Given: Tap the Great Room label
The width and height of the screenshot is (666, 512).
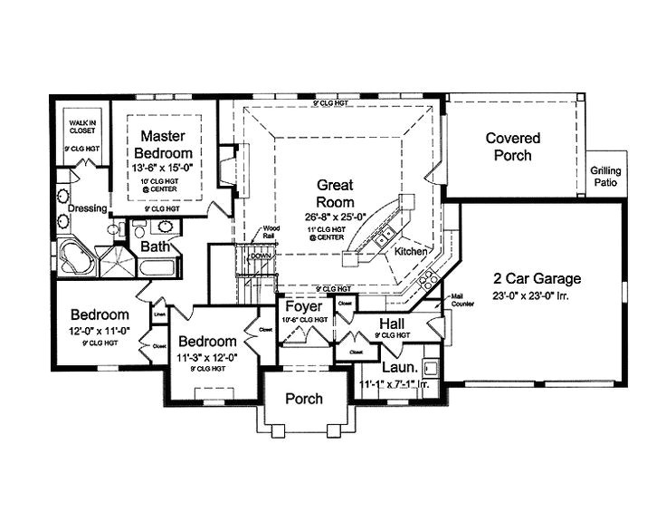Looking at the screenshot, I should click(335, 191).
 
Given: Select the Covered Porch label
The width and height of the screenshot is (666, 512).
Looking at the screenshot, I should click(513, 147).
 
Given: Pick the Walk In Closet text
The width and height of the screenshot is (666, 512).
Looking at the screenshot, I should click(81, 128).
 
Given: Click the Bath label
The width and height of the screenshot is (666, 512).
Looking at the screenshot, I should click(155, 246).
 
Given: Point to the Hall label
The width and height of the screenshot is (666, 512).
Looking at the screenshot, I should click(392, 324).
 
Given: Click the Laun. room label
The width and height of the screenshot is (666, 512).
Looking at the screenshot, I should click(398, 369).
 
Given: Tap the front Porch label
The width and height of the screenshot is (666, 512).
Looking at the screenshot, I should click(304, 399).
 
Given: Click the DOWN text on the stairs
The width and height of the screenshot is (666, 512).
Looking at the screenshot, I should click(260, 256).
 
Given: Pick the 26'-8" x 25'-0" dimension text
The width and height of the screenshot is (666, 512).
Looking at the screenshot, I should click(335, 217).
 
